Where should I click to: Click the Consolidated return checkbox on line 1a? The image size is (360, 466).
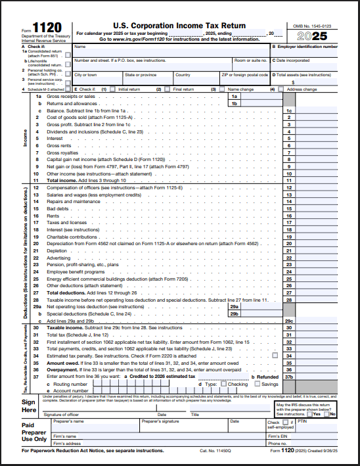pos(68,56)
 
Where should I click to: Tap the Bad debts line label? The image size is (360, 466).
pos(57,208)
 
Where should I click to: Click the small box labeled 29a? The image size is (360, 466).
pos(233,306)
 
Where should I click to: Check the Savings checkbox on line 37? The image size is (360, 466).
pos(257,384)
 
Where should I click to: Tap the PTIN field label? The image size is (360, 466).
pos(303,421)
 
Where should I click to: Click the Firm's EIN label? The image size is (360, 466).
pos(279,436)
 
